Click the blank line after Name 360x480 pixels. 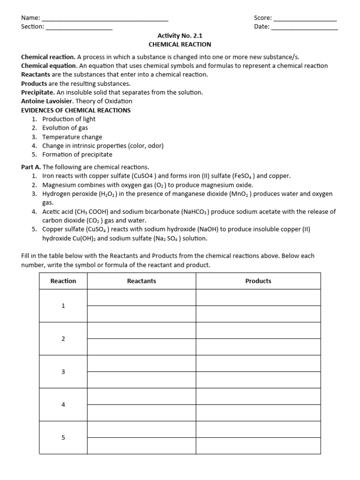point(105,19)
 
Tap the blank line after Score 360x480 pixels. point(305,19)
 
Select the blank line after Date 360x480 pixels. point(305,28)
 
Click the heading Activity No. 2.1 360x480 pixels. point(180,36)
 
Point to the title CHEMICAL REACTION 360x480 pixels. point(180,45)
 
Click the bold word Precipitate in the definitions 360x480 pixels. point(38,92)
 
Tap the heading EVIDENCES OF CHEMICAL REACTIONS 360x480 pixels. point(76,110)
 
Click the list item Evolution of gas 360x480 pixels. point(65,128)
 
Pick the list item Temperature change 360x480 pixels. point(72,137)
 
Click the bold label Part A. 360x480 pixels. point(31,167)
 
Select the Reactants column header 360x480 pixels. point(142,281)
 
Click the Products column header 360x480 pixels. point(258,281)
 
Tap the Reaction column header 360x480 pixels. point(63,281)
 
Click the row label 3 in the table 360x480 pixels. point(63,372)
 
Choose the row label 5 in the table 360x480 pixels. point(63,438)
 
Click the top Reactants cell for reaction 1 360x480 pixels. point(142,298)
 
